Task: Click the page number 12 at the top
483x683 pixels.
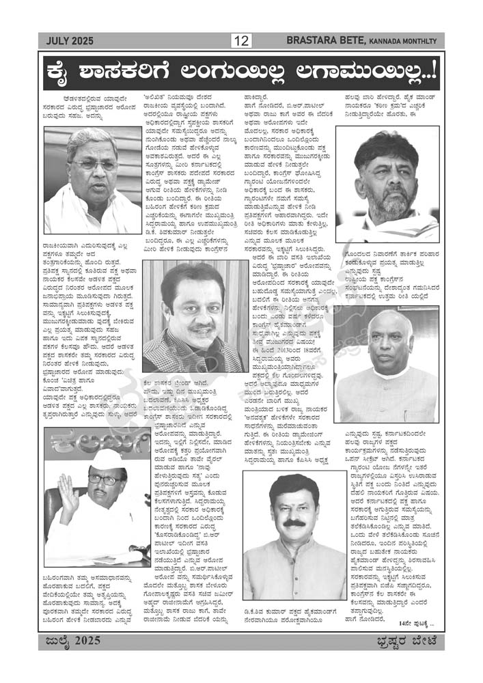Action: pos(241,40)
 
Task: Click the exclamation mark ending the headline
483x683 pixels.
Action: pos(432,71)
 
